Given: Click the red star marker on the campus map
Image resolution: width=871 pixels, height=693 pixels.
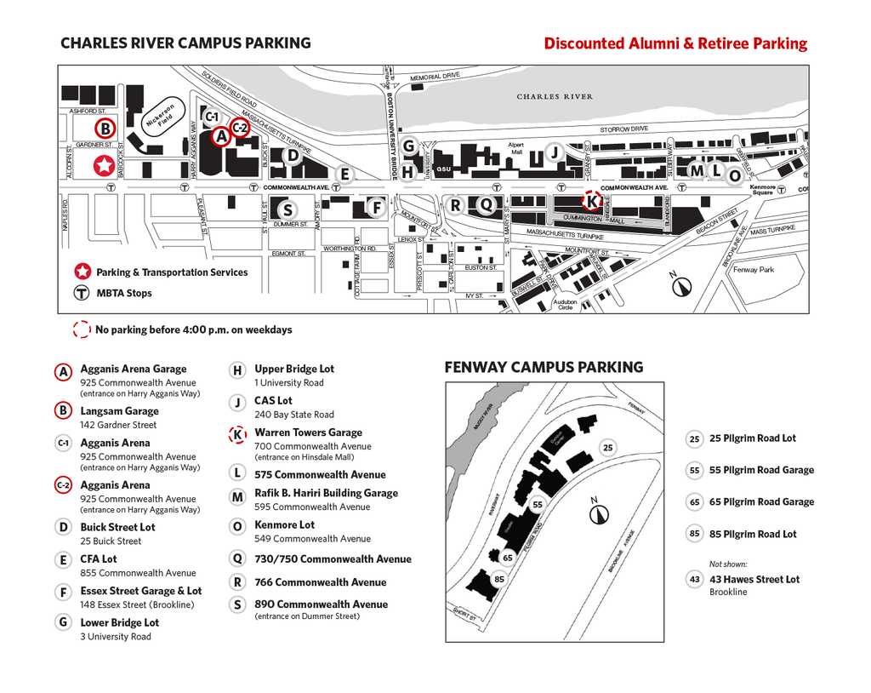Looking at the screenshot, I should coord(104,164).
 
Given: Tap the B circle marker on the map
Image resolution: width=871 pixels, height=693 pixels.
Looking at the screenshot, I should coord(105,129).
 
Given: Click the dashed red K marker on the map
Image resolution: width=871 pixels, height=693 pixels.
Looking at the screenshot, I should coord(591,201).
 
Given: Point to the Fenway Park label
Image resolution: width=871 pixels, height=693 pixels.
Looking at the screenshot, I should coord(754,270).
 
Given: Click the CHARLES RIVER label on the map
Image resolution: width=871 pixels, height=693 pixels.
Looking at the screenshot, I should coord(555,97).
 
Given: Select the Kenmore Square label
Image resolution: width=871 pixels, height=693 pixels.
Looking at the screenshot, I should coord(763,190).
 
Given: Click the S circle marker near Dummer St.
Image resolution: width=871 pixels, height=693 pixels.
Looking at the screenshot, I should coord(287,209).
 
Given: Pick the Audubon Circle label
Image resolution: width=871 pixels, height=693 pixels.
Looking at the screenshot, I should coord(565,304).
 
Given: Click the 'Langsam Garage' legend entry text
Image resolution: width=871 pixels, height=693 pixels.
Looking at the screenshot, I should coord(119,411).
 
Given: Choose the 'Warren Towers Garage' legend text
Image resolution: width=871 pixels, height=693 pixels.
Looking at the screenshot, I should coord(308,432).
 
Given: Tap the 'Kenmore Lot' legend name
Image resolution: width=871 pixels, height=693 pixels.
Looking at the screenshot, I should coord(284,525).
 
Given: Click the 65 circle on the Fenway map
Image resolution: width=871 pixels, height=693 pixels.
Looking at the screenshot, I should coord(508,558).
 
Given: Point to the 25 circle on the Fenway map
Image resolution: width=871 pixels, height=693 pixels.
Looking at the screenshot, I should coord(607,447).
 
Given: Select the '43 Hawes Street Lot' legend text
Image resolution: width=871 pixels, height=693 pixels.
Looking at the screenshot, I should coord(754,580).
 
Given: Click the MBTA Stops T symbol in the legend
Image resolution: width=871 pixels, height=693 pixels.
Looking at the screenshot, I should coord(82,293).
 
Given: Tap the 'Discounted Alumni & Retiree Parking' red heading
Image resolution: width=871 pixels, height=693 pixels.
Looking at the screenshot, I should coord(675,43).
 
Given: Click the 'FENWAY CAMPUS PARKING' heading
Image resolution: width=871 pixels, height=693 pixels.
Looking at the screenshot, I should coord(544,368).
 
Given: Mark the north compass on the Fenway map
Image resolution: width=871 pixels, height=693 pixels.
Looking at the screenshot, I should coord(600,513).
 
